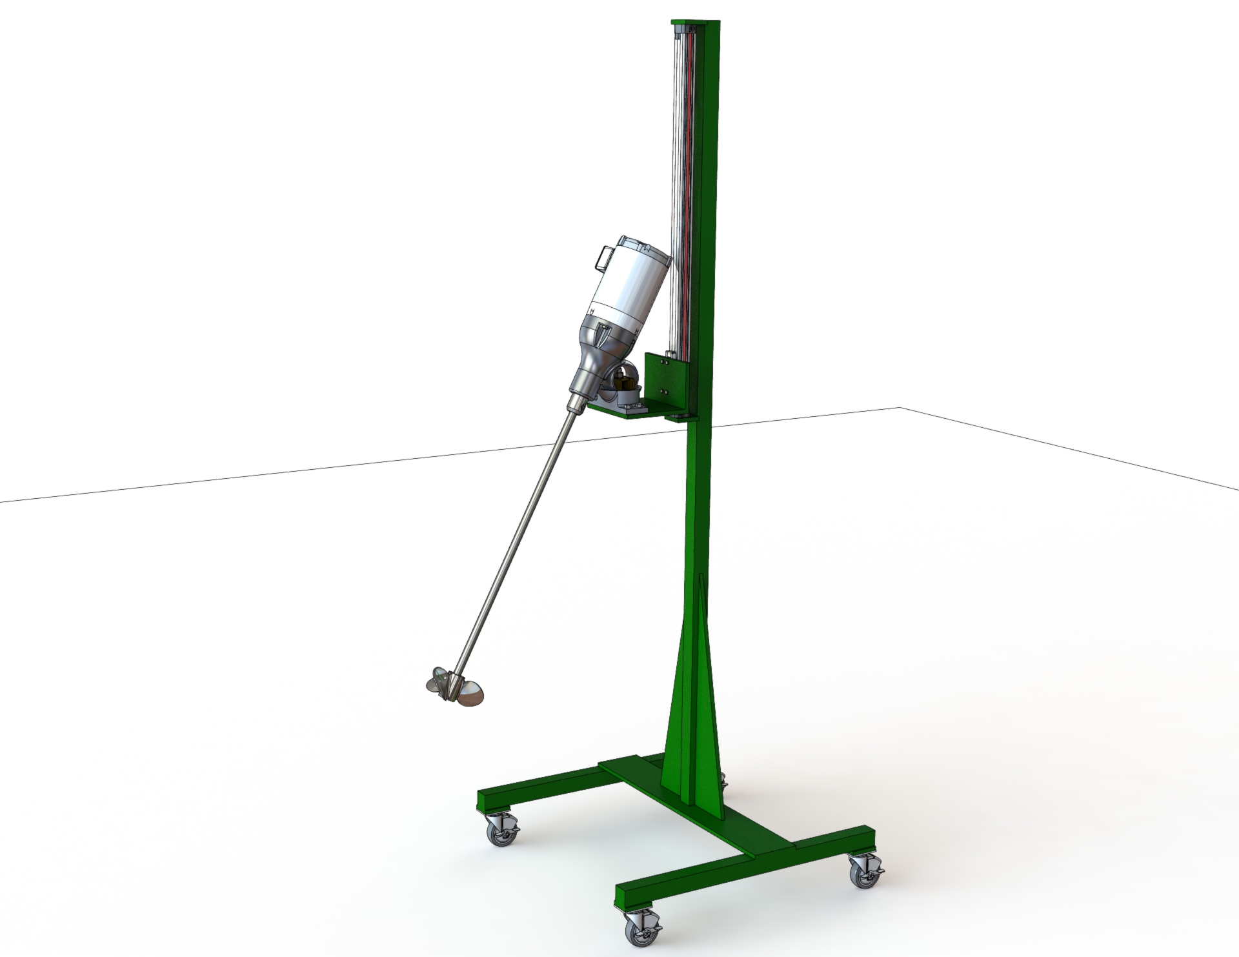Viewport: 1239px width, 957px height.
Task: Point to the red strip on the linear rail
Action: click(x=688, y=194)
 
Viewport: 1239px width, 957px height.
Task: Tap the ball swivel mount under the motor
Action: click(x=625, y=377)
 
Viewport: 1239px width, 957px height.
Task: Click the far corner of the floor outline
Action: click(x=900, y=408)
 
